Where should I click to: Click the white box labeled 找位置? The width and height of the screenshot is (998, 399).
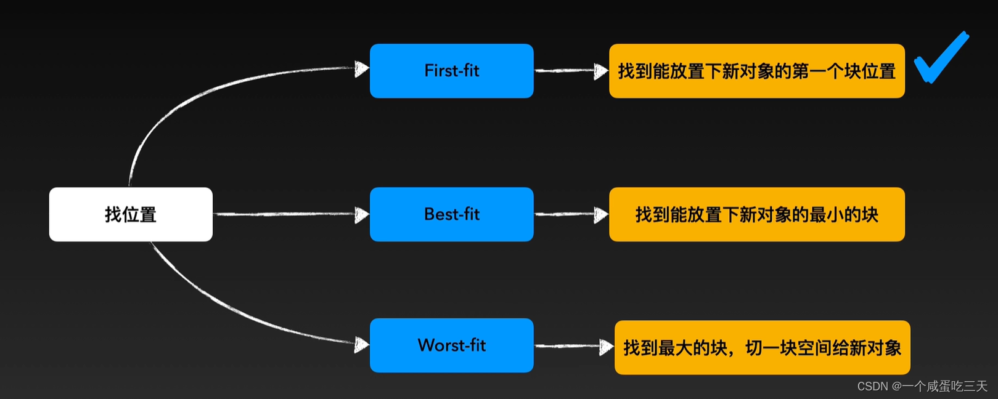pos(131,214)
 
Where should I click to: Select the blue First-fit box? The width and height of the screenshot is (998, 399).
pos(451,71)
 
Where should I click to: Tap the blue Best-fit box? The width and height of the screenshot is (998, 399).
pos(451,214)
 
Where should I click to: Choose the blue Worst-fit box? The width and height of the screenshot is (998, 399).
pos(451,345)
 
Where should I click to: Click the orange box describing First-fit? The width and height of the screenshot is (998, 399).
pos(756,71)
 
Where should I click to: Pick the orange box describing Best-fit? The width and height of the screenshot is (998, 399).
pos(756,214)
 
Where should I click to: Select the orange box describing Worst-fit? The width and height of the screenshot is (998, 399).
pos(762,347)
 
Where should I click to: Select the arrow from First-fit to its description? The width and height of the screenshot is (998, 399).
pos(571,71)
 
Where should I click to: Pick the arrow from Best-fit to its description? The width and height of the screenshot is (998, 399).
pos(571,214)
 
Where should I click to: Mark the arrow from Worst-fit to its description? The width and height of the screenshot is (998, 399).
pos(574,347)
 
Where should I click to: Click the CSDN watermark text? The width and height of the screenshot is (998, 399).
pos(922,386)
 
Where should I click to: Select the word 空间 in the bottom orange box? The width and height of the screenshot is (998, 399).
pos(814,348)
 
